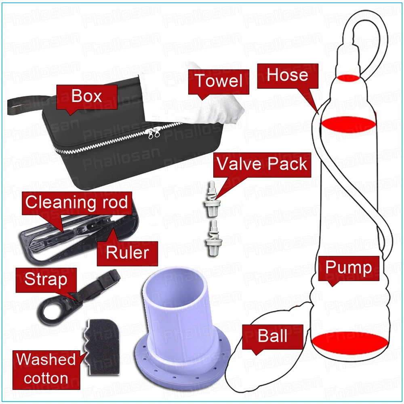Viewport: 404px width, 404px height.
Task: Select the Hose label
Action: [288, 76]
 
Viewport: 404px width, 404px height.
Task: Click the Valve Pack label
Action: [262, 165]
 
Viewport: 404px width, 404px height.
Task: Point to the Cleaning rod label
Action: [76, 202]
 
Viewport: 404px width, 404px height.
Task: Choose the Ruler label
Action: [127, 253]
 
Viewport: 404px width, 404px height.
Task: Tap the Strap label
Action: [46, 279]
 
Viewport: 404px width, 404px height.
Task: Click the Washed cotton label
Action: [46, 368]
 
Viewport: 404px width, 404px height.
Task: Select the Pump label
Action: [349, 268]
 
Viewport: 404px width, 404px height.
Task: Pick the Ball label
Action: [273, 336]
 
